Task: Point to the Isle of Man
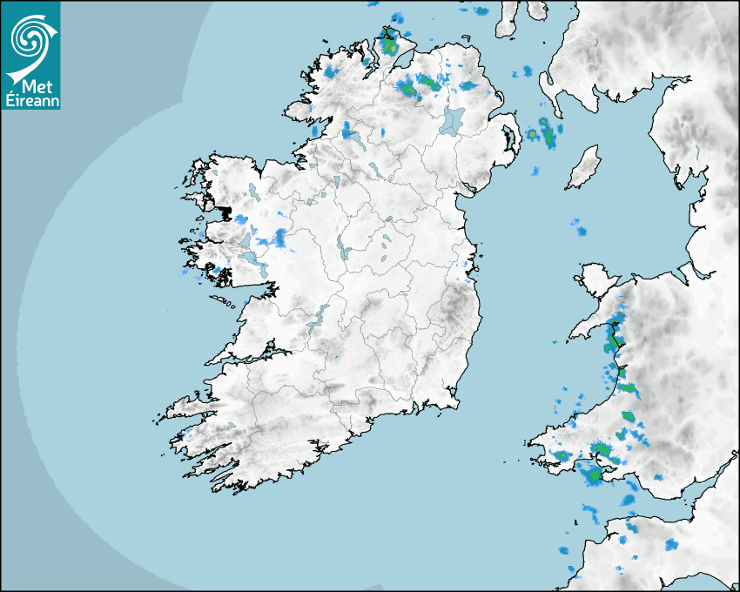click(583, 167)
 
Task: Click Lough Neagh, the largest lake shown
click(451, 120)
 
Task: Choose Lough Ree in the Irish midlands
click(342, 251)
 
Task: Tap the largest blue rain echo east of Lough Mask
click(280, 237)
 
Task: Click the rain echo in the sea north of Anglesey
click(579, 230)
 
